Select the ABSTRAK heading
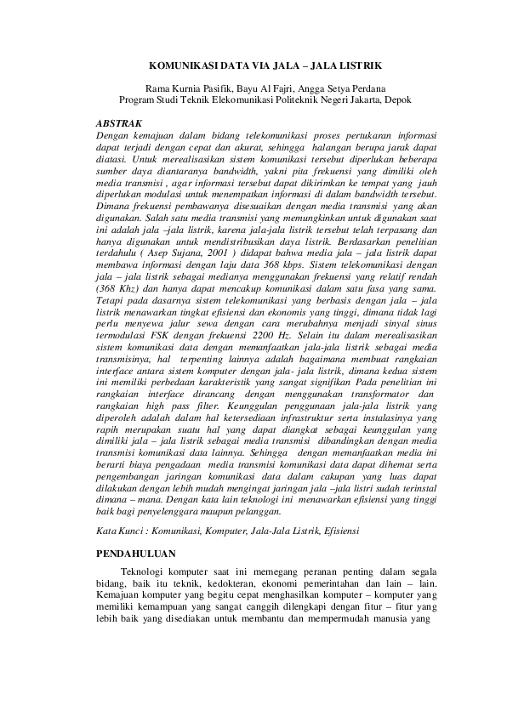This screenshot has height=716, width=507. pos(119,123)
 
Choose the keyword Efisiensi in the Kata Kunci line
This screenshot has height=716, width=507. pos(339,531)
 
